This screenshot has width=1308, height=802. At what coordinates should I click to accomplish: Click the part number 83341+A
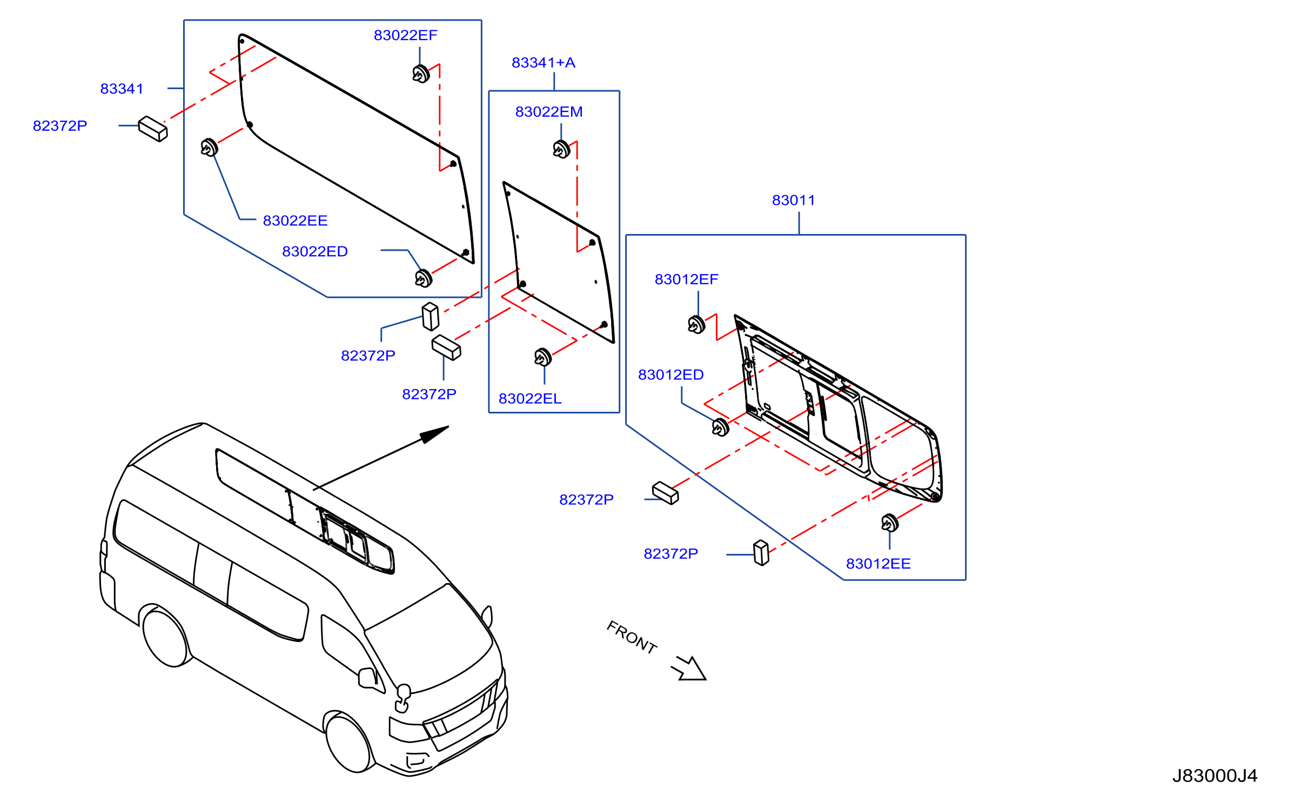tap(544, 63)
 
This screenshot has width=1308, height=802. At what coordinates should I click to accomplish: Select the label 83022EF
tap(406, 35)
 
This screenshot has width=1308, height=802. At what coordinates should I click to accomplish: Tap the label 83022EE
tap(296, 220)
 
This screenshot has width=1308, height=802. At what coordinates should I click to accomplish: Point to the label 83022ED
tap(315, 251)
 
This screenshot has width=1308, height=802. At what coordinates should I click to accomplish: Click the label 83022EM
tap(549, 112)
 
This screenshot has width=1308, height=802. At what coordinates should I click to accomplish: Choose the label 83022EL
tap(530, 398)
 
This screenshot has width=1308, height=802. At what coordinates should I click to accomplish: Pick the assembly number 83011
tap(793, 200)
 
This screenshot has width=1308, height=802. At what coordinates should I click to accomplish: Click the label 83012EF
tap(687, 279)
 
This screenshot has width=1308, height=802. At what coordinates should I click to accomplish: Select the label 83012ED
tap(671, 375)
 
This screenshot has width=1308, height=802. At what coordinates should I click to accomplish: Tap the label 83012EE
tap(878, 564)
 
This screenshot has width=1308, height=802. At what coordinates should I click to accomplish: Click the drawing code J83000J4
tap(1215, 776)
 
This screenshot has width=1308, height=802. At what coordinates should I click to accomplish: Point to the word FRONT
tap(632, 637)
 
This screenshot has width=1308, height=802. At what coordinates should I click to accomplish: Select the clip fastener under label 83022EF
tap(421, 73)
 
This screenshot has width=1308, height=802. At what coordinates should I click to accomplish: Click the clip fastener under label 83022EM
tap(562, 149)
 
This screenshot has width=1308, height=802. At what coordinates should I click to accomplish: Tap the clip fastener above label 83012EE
tap(890, 523)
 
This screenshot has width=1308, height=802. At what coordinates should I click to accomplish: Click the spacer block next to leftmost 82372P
tap(153, 129)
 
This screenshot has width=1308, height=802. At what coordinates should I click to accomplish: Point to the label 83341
tap(122, 89)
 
